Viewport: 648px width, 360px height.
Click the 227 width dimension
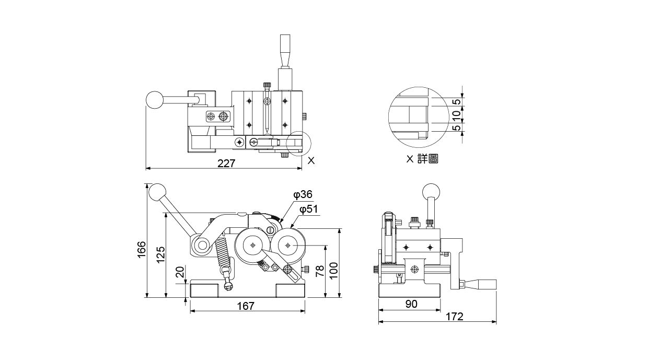click(x=226, y=163)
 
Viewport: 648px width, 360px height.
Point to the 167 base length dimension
click(x=245, y=306)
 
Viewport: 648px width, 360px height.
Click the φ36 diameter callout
click(x=303, y=195)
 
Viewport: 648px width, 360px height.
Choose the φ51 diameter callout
click(x=309, y=210)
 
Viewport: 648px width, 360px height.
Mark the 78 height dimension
click(x=319, y=271)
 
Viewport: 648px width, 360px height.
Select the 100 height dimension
click(x=334, y=271)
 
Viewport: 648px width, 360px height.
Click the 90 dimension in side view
click(x=411, y=304)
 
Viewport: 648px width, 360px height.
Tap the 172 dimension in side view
click(x=454, y=317)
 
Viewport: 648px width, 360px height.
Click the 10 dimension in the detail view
click(x=456, y=114)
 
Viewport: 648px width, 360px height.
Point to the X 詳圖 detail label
click(x=422, y=158)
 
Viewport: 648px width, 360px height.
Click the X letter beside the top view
click(x=311, y=161)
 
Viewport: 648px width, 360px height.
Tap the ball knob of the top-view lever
click(x=155, y=100)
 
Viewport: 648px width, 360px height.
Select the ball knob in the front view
click(x=157, y=193)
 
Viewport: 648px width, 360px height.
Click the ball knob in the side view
click(x=431, y=191)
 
